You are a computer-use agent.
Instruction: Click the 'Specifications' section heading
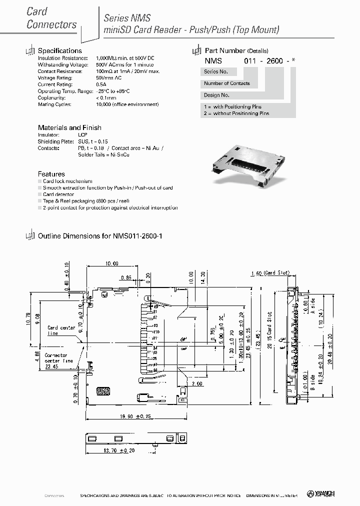tap(59, 50)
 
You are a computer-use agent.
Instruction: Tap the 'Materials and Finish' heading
tap(69, 127)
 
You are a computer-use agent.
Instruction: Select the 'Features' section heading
tap(51, 174)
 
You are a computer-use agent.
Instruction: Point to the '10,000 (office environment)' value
tap(127, 104)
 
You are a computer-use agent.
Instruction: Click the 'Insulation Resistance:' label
tap(63, 58)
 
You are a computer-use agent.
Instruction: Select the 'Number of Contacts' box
tap(226, 83)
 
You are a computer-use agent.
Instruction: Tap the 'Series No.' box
tap(216, 72)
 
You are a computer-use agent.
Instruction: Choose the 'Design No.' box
tap(216, 95)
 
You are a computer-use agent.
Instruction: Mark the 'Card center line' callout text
tap(61, 330)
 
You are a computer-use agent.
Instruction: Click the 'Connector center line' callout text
tap(58, 360)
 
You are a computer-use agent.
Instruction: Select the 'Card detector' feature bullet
tap(58, 194)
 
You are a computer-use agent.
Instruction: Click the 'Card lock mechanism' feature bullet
tap(67, 181)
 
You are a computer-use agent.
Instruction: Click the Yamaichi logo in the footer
tap(324, 494)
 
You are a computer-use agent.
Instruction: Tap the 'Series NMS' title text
tap(127, 17)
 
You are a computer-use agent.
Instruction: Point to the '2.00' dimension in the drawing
tap(196, 384)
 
